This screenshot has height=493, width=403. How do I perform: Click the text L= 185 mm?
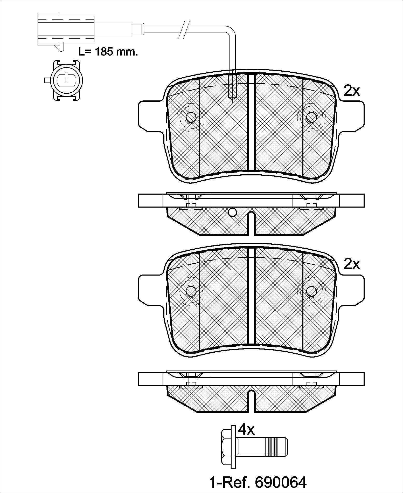point(108,52)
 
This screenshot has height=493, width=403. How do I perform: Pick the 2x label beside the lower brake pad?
point(352,264)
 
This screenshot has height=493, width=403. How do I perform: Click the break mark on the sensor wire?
point(184,29)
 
